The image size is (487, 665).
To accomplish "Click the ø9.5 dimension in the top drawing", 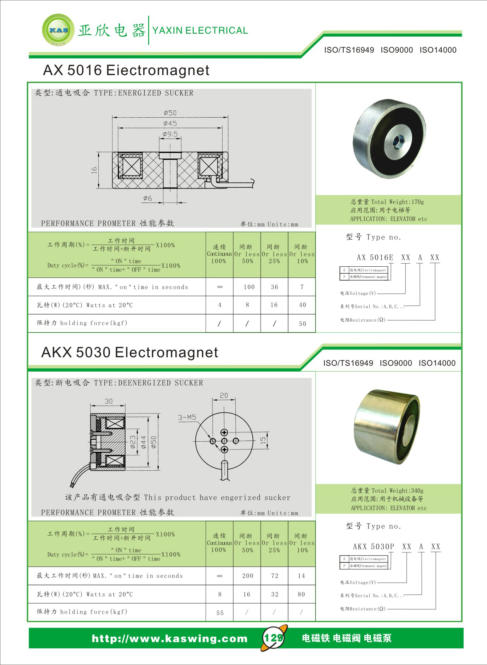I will (x=170, y=134).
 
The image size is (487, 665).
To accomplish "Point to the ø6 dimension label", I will (x=147, y=198).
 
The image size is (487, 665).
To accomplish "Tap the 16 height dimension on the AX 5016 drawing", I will (x=94, y=170).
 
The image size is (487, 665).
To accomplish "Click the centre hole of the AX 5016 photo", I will (x=398, y=142).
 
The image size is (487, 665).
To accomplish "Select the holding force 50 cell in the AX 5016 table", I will (x=302, y=324).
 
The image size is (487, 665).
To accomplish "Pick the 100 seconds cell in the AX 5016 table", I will (x=249, y=287).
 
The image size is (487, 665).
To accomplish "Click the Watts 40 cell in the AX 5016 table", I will (x=302, y=305).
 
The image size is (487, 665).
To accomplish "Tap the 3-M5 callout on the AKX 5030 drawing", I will (x=187, y=417).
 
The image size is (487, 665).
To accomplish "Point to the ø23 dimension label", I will (x=133, y=442).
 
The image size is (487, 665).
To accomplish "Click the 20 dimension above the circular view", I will (x=224, y=395).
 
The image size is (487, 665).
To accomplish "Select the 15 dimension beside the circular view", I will (x=263, y=440).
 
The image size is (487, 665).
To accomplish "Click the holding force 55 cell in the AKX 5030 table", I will (x=220, y=613).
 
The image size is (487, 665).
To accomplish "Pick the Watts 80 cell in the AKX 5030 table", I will (x=301, y=594).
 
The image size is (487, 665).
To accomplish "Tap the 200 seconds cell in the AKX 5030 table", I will (x=247, y=576).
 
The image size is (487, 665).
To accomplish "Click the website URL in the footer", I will (x=170, y=638).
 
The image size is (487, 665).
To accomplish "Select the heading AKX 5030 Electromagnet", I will (x=130, y=352).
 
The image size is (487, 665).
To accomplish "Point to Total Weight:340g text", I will (x=388, y=490).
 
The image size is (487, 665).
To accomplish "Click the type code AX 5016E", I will (x=375, y=257).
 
